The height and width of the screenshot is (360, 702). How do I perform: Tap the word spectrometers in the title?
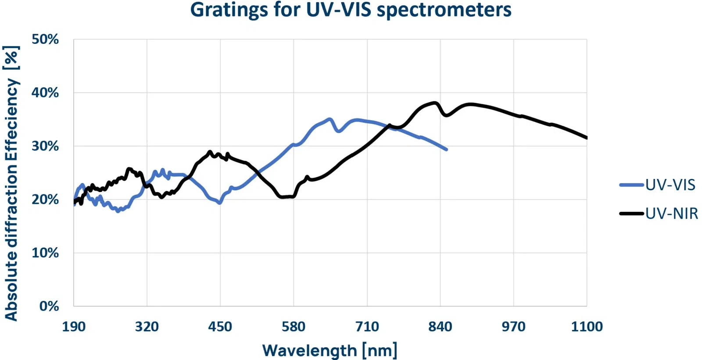coord(444,10)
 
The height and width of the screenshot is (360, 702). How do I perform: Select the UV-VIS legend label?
coord(670,185)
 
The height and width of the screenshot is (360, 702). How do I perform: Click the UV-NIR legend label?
coord(671,214)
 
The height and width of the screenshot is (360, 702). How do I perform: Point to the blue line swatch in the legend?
coord(632,185)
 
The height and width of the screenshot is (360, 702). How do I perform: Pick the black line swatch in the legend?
coord(632,214)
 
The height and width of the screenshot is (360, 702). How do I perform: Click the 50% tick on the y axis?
coord(45,39)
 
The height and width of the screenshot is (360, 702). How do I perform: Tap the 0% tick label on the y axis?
coord(49,306)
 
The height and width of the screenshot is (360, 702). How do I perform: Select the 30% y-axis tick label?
coord(45,146)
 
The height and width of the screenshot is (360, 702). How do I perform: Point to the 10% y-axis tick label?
coord(45,253)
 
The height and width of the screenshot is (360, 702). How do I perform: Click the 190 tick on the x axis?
coord(74,327)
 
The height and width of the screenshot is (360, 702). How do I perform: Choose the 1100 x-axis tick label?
coord(587,327)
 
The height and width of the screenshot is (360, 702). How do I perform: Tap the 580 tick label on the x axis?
coord(294,327)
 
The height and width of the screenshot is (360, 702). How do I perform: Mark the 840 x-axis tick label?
coord(440,327)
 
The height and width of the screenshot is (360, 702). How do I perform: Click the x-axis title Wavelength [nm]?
coord(330,350)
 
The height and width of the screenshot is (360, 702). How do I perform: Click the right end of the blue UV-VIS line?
coord(446,150)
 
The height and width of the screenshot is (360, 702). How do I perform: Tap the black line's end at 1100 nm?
coord(586,138)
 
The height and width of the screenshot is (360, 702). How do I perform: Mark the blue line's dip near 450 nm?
coord(219,203)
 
